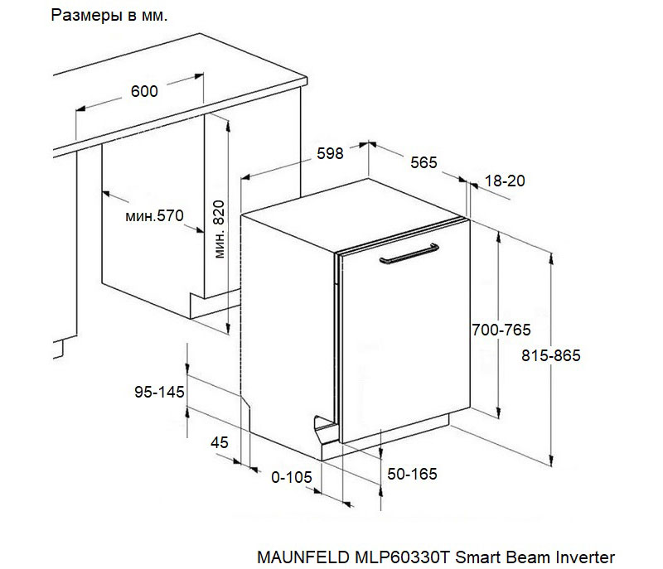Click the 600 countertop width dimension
tap(144, 91)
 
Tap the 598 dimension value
tap(330, 153)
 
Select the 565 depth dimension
tap(423, 162)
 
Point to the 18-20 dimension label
tap(505, 181)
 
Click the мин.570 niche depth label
tap(155, 216)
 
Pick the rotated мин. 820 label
tap(220, 229)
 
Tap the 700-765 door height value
tap(501, 330)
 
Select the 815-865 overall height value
tap(551, 355)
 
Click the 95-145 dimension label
tap(159, 392)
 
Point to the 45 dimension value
tap(220, 443)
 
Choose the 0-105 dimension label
tap(292, 477)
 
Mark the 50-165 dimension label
tap(412, 474)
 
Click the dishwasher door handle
tap(409, 253)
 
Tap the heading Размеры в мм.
tap(109, 16)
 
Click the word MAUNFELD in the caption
tap(303, 557)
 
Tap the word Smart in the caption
tap(478, 557)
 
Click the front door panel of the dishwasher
tap(405, 331)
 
